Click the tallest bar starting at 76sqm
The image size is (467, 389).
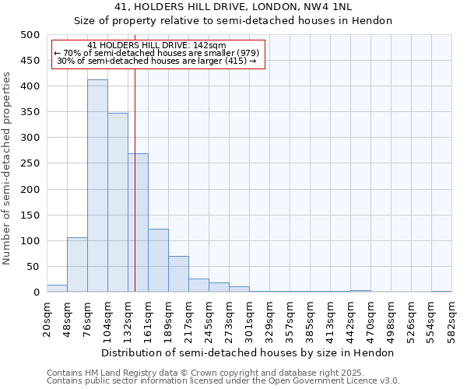coord(97,186)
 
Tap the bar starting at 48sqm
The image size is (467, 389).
coord(77,265)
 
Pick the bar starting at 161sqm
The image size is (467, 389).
coord(158,261)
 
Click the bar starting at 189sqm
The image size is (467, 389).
coord(178,274)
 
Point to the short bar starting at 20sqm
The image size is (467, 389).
coord(57,289)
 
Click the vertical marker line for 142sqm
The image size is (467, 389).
coord(135,171)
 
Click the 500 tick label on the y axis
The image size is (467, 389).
coord(30,35)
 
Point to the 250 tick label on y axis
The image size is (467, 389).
coord(30,164)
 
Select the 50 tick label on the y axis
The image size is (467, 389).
coord(33,267)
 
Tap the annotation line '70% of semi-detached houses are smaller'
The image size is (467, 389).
coord(159,53)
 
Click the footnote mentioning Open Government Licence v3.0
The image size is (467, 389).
coord(223,381)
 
